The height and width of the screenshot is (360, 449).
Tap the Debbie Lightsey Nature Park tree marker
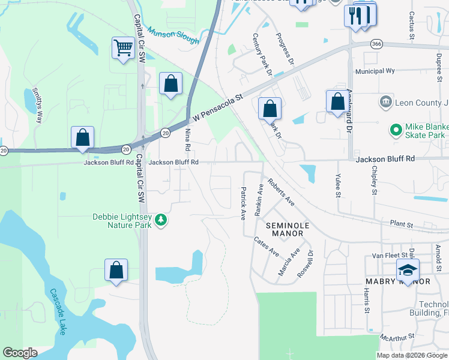(x=160, y=221)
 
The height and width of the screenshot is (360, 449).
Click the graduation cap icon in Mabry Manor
(x=408, y=270)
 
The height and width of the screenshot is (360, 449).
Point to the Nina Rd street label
(x=188, y=139)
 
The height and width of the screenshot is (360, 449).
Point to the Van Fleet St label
(x=385, y=256)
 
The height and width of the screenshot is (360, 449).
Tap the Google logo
(x=20, y=353)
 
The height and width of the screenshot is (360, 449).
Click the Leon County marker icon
(x=386, y=103)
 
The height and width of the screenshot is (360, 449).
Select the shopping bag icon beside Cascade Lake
(x=116, y=271)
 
